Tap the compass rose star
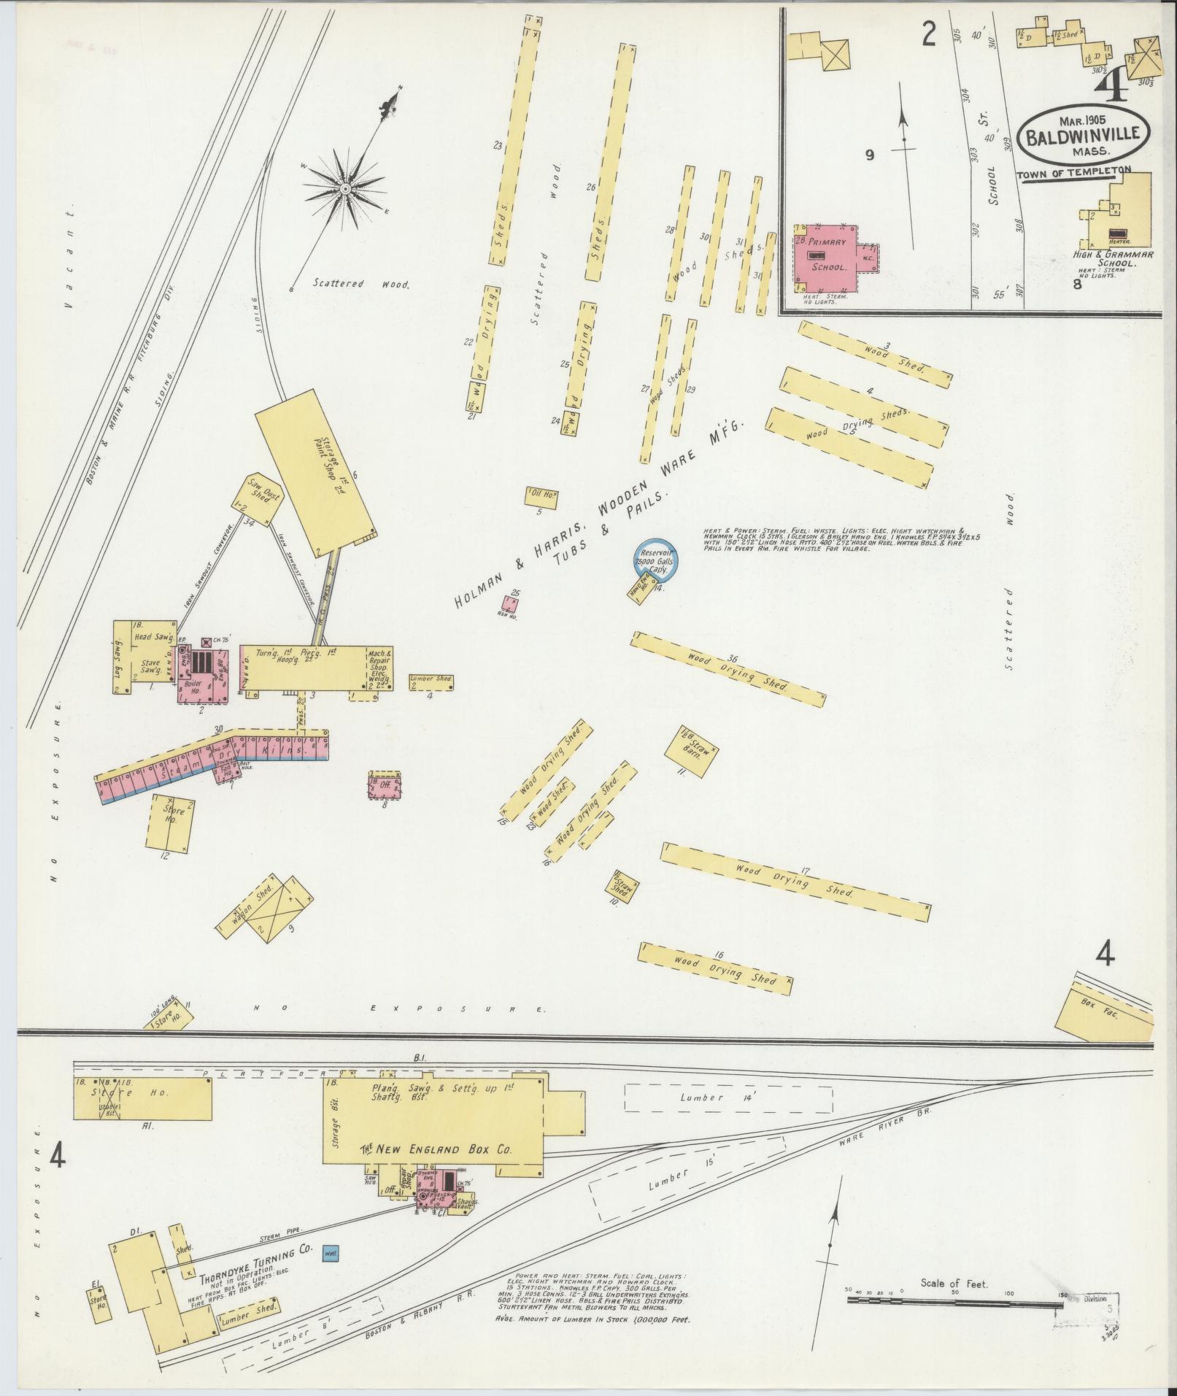346,189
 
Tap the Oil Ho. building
542,496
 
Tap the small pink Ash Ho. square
511,603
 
